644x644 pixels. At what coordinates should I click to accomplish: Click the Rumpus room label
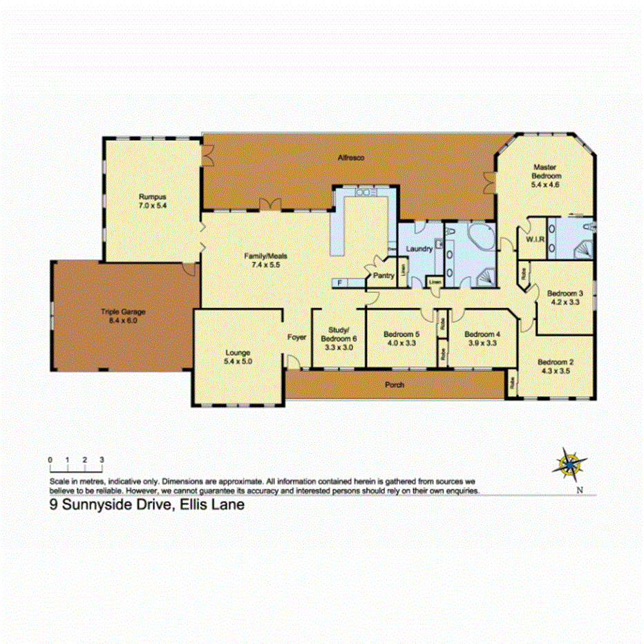(x=152, y=196)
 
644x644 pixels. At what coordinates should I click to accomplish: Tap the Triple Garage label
(x=123, y=312)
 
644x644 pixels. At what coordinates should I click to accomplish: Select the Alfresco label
(x=350, y=158)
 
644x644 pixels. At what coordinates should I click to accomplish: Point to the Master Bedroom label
(x=544, y=171)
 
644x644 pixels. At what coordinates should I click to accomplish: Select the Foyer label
(x=296, y=337)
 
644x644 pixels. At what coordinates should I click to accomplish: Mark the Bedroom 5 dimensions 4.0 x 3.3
(x=401, y=343)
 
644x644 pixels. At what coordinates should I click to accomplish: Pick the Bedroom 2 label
(x=556, y=362)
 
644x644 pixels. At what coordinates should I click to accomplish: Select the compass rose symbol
(x=571, y=464)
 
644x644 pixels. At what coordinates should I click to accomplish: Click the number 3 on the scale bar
(x=102, y=459)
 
